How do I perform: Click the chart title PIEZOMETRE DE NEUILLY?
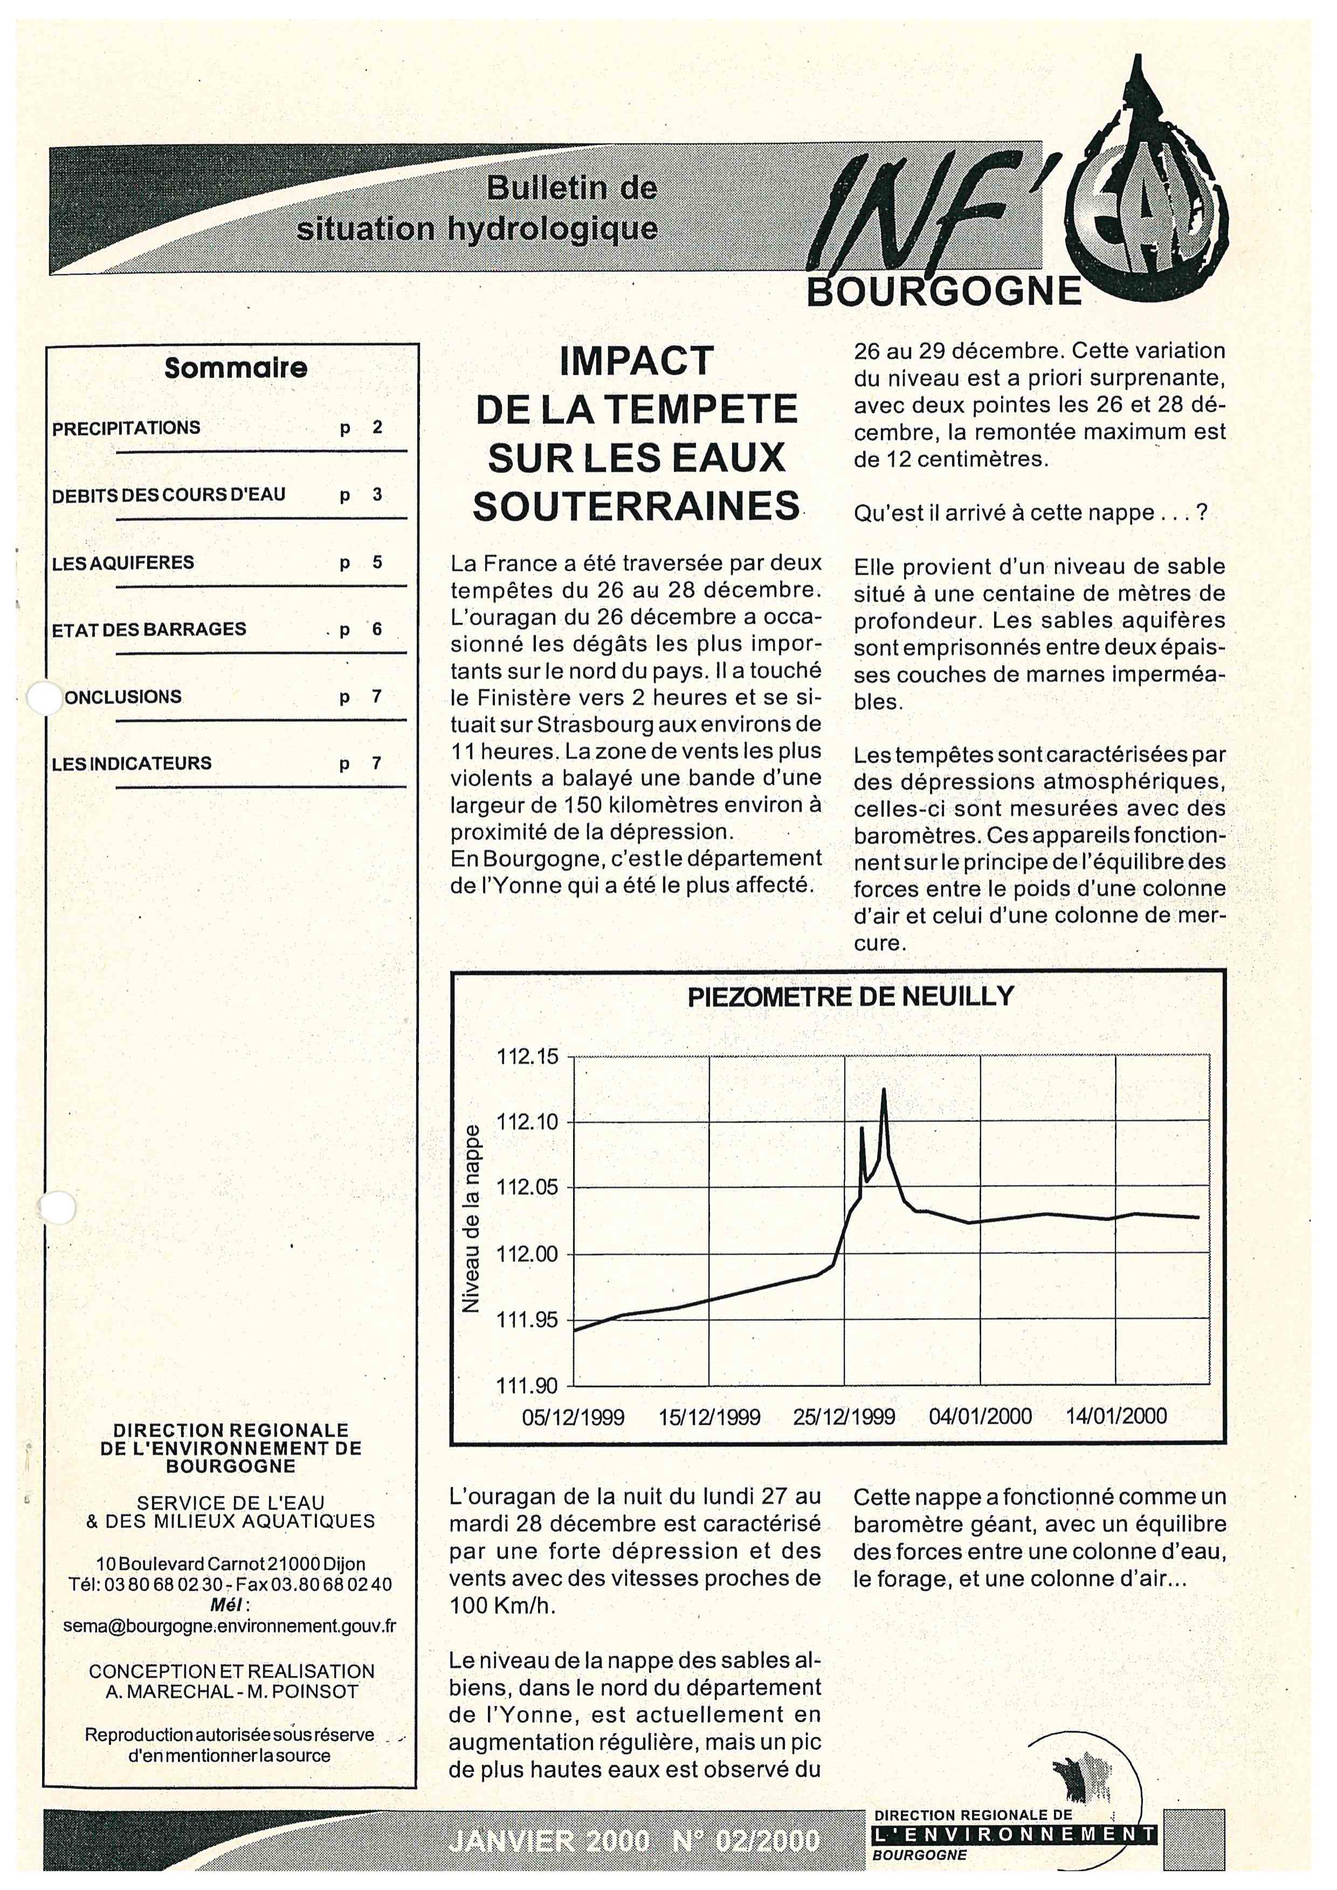tap(850, 997)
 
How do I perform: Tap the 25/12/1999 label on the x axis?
tap(844, 1417)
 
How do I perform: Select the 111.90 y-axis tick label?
tap(527, 1386)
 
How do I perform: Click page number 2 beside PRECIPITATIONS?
tap(377, 427)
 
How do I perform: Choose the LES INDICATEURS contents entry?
tap(132, 763)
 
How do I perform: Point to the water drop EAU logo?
tap(1145, 198)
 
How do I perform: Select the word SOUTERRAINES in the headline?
tap(636, 506)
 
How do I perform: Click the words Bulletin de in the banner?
tap(572, 189)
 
